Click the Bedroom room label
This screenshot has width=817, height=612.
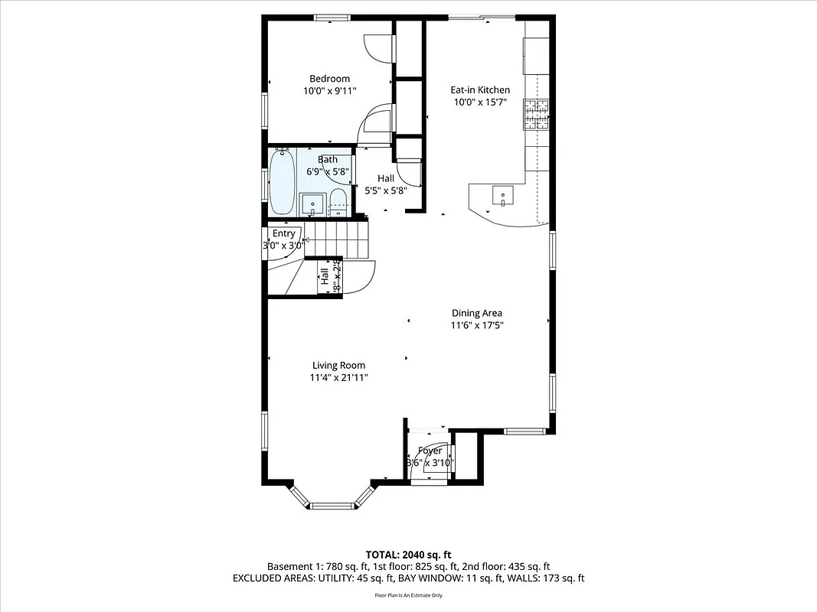tap(329, 79)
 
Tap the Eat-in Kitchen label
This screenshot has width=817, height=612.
tap(479, 90)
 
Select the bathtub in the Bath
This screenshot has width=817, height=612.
tap(281, 182)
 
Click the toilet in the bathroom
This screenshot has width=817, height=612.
tap(338, 203)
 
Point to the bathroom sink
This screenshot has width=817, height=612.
tap(312, 204)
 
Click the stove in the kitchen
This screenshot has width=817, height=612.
tap(537, 114)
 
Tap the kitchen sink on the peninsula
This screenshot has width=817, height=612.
tap(502, 197)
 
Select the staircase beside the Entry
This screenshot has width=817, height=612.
tap(336, 238)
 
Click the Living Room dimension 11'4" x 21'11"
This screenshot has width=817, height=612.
tap(338, 377)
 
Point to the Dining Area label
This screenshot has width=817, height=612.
tap(476, 313)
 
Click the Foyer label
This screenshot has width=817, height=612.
tap(430, 451)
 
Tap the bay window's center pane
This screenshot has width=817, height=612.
tap(332, 505)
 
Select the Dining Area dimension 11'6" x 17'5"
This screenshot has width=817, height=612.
tap(476, 325)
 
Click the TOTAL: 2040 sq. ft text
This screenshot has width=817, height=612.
tap(408, 554)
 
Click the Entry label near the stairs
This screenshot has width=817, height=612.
tap(283, 233)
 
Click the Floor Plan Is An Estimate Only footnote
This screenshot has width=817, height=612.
tap(408, 594)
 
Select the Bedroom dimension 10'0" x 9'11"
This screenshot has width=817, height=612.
tap(329, 91)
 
